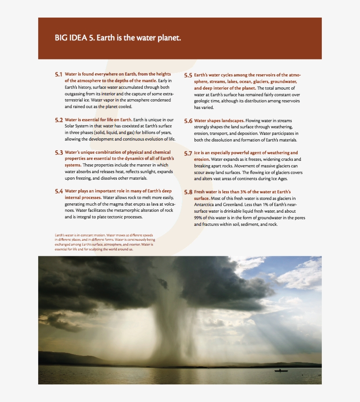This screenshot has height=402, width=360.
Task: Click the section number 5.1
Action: (59, 75)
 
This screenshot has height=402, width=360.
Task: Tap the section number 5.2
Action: (59, 120)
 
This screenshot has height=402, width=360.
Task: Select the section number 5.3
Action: (59, 153)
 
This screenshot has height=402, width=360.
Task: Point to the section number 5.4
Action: (59, 192)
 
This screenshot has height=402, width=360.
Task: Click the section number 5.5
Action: (188, 76)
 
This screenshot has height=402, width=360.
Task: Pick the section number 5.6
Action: (188, 121)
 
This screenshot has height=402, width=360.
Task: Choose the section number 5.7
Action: (188, 153)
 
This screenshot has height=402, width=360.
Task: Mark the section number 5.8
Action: (188, 192)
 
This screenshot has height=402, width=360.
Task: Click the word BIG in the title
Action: (61, 38)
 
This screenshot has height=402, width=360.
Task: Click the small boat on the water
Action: (281, 371)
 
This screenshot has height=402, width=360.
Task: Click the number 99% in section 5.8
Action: (199, 217)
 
